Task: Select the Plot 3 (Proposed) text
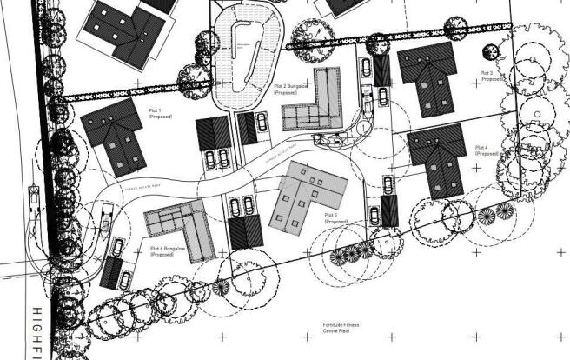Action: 491,76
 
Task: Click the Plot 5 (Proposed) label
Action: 335,217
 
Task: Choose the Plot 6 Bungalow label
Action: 169,251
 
